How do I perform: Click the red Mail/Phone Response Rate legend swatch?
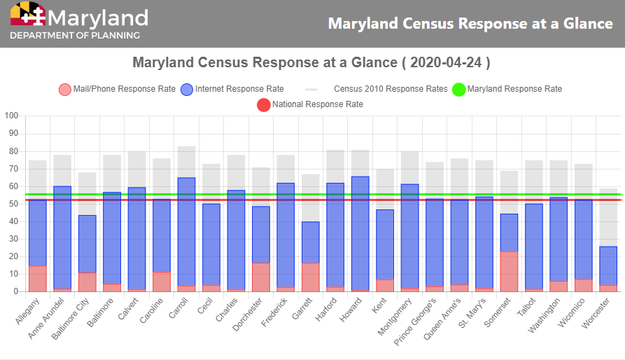pos(64,89)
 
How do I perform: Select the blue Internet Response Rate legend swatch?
pos(187,89)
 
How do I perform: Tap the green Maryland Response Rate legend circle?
pos(458,89)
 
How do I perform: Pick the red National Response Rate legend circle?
pos(264,104)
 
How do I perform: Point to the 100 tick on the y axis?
pos(11,116)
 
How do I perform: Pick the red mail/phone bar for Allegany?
pos(38,279)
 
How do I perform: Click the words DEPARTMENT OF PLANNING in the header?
pos(75,35)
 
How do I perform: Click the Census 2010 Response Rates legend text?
pos(391,89)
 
